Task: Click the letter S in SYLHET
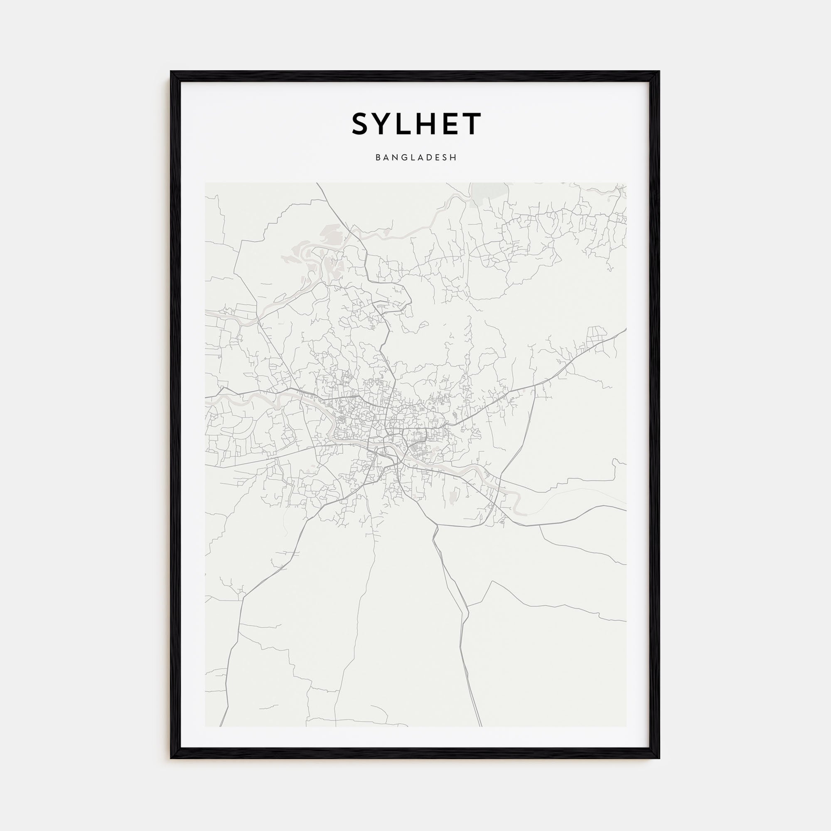(362, 124)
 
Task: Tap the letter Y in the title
(383, 124)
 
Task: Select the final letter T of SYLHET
(472, 124)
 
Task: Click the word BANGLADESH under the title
(416, 158)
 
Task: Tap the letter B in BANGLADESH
(378, 158)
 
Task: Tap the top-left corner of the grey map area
(205, 183)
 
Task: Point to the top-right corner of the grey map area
(626, 183)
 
